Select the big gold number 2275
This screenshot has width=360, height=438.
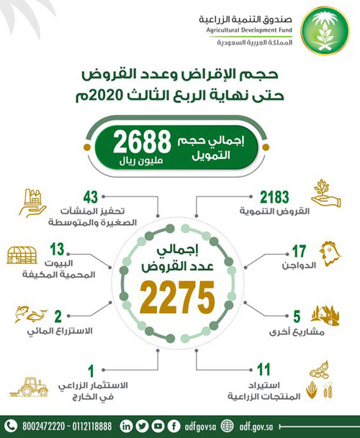point(180,294)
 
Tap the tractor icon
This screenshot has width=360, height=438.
point(36,388)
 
